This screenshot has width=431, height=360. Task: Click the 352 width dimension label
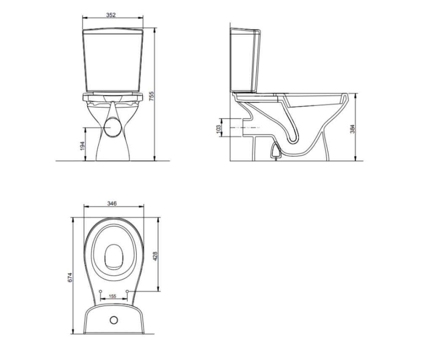111,15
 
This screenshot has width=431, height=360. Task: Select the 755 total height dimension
152,96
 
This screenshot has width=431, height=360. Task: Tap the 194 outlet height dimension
82,146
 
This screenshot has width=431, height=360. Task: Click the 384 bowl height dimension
352,129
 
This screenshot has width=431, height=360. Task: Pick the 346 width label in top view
112,204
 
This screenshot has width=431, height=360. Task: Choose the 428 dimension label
155,256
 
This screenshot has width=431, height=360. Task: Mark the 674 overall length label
70,277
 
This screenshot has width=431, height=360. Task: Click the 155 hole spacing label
112,296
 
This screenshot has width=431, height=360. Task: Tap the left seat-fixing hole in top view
100,291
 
